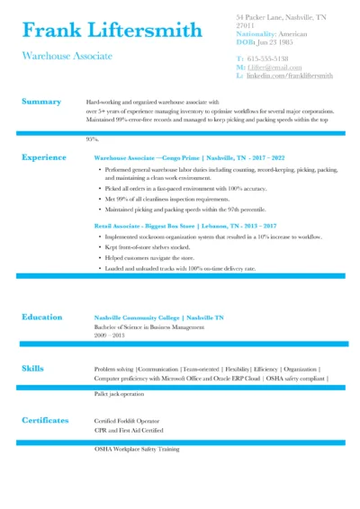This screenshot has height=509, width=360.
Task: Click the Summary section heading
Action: pyautogui.click(x=41, y=102)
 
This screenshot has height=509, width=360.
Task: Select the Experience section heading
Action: pyautogui.click(x=44, y=156)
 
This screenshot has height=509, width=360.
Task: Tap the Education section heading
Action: pyautogui.click(x=42, y=317)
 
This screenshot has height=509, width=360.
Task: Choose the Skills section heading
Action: pyautogui.click(x=32, y=368)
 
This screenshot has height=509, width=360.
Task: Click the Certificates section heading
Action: pyautogui.click(x=45, y=420)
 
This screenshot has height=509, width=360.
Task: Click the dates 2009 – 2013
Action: pyautogui.click(x=110, y=335)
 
